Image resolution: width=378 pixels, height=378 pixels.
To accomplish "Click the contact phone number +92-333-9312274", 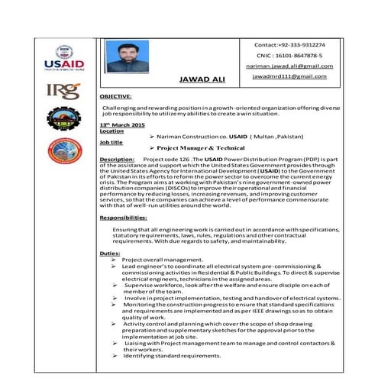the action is coord(295,45).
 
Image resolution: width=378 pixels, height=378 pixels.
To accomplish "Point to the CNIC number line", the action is coord(295,56).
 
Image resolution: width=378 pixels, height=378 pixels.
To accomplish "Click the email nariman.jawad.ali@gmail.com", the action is coord(294,66).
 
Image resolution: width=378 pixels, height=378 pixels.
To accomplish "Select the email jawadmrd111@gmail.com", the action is coord(294,77).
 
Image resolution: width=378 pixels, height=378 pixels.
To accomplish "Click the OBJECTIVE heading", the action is coord(116,97).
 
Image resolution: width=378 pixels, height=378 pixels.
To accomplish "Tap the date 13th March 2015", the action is coord(122,124).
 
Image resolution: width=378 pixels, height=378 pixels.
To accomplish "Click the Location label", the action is coord(111,131).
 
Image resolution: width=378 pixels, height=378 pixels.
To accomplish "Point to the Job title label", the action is coord(111,142).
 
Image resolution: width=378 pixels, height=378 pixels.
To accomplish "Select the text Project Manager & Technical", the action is coord(190,147).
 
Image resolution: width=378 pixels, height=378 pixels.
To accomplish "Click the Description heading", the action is coord(118,158).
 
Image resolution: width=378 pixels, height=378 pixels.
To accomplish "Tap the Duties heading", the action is coord(110,252).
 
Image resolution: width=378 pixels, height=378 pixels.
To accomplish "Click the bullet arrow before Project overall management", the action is coord(114,260).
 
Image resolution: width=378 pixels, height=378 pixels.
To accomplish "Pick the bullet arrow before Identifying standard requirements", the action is coord(114,356).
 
